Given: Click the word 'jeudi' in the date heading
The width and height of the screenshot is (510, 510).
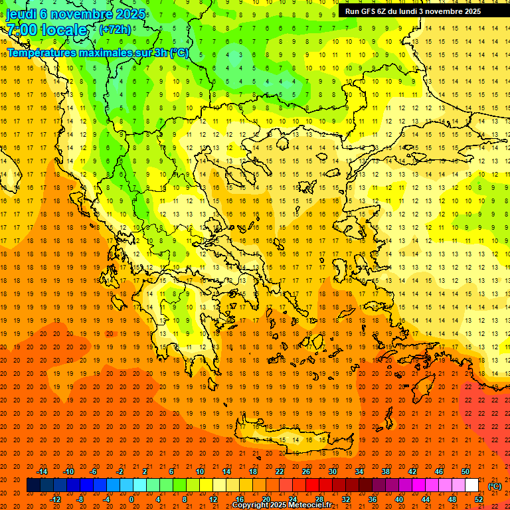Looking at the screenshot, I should tap(21, 14).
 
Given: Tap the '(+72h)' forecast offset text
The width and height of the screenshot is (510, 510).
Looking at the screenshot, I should tap(115, 30).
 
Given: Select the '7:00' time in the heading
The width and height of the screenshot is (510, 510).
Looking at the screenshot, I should tap(21, 30).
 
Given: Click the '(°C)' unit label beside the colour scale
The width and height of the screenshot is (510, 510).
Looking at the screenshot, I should tap(495, 485).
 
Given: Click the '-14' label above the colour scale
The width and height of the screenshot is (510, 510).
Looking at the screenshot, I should tap(42, 471).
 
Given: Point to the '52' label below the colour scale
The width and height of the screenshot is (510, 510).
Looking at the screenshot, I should tap(479, 499).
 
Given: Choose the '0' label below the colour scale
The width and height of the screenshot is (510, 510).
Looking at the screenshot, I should tap(131, 499).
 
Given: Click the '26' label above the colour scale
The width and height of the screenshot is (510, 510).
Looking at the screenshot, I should tap(306, 471).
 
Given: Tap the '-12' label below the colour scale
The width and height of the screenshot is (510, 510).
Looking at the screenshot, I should tap(55, 499).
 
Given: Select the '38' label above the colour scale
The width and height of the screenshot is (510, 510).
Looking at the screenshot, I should tap(386, 471).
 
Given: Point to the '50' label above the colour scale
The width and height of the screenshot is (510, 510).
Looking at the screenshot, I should tap(466, 471).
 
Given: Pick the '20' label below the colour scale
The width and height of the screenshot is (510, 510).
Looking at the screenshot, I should tap(266, 499).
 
